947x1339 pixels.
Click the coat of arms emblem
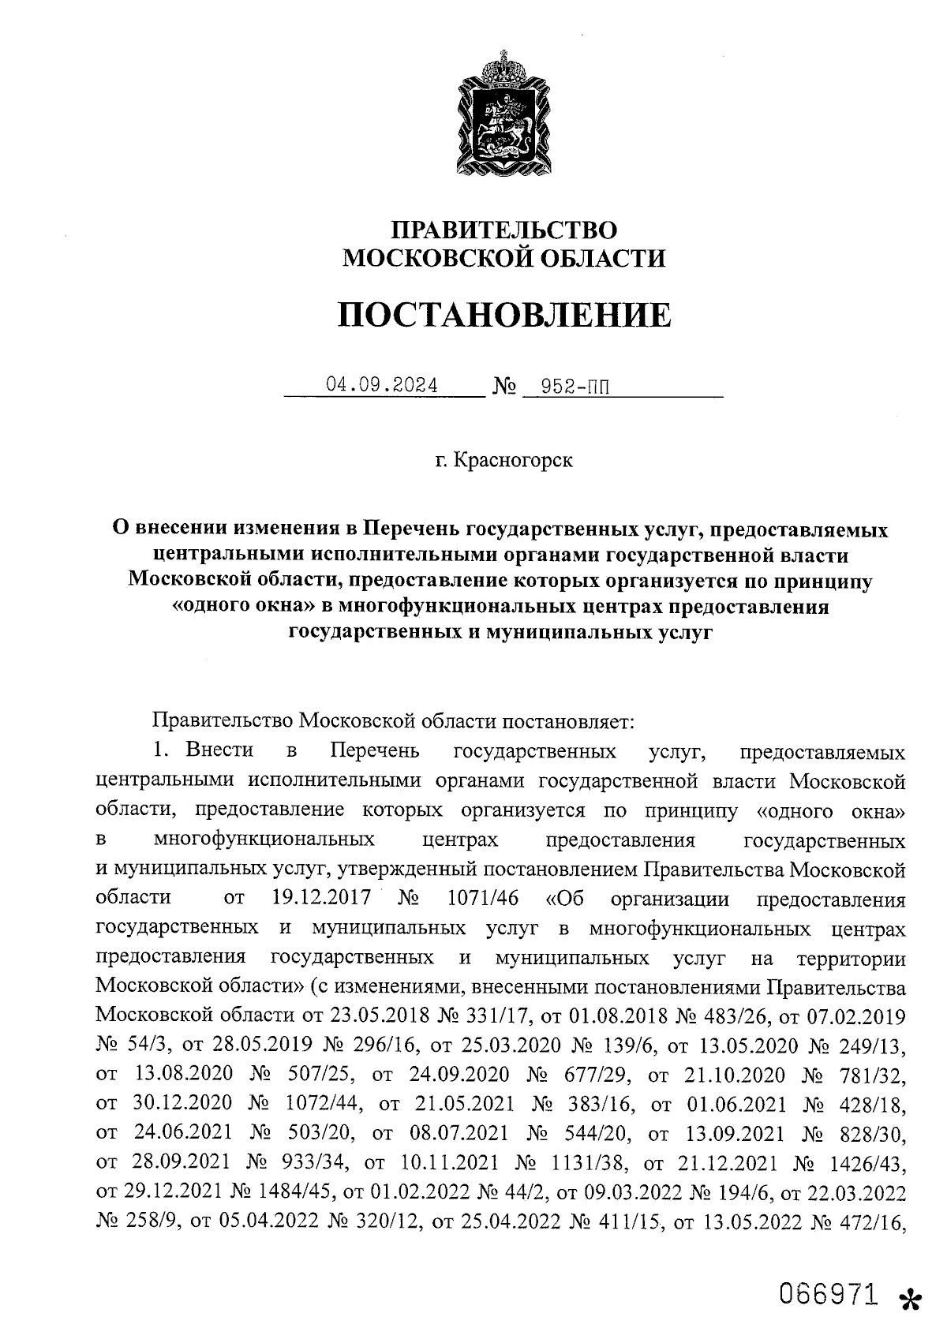[502, 114]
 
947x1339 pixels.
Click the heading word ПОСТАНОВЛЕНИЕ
[505, 316]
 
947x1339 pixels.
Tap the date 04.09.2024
[383, 386]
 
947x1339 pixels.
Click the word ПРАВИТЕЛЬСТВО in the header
[505, 230]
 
